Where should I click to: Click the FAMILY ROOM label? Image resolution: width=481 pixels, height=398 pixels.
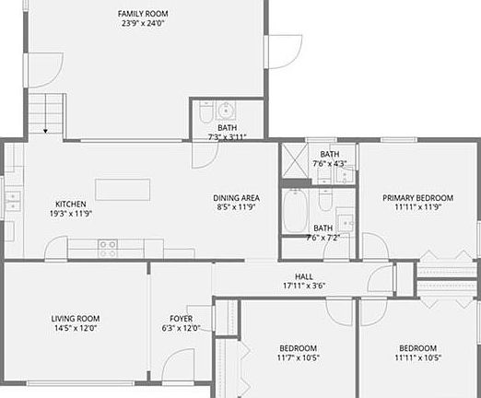coord(142,14)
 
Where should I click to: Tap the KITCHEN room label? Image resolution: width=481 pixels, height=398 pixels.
coord(71,204)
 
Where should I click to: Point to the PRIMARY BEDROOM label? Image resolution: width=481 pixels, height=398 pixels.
coord(418,198)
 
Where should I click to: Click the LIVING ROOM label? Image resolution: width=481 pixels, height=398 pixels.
coord(75,319)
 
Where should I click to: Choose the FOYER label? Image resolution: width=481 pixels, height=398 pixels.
coord(181,319)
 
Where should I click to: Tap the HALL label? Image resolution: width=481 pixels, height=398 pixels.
coord(304,275)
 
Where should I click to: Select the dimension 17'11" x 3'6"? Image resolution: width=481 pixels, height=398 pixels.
coord(304,286)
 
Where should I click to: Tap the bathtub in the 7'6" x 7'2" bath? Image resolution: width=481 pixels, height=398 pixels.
coord(295,211)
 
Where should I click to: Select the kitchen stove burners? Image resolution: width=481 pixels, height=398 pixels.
coord(107,248)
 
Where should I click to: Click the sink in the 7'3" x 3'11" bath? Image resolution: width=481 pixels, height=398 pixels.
coord(226,109)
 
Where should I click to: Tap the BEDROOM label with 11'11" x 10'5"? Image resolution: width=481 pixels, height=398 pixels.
coord(417,348)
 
